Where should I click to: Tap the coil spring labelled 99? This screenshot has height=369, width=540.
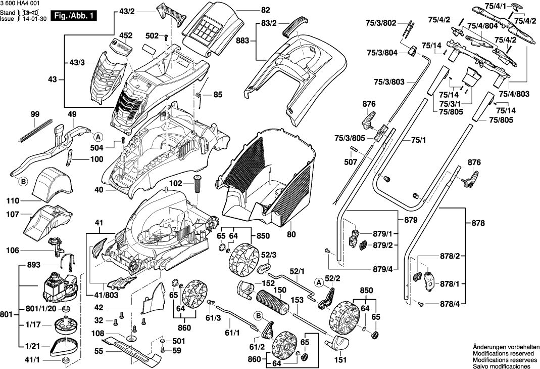pyautogui.click(x=34, y=130)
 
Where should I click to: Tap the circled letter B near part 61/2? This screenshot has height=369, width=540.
pyautogui.click(x=258, y=316)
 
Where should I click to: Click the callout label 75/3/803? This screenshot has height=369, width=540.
pyautogui.click(x=389, y=81)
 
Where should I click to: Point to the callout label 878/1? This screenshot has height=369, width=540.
pyautogui.click(x=449, y=283)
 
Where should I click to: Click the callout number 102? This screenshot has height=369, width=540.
pyautogui.click(x=175, y=184)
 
